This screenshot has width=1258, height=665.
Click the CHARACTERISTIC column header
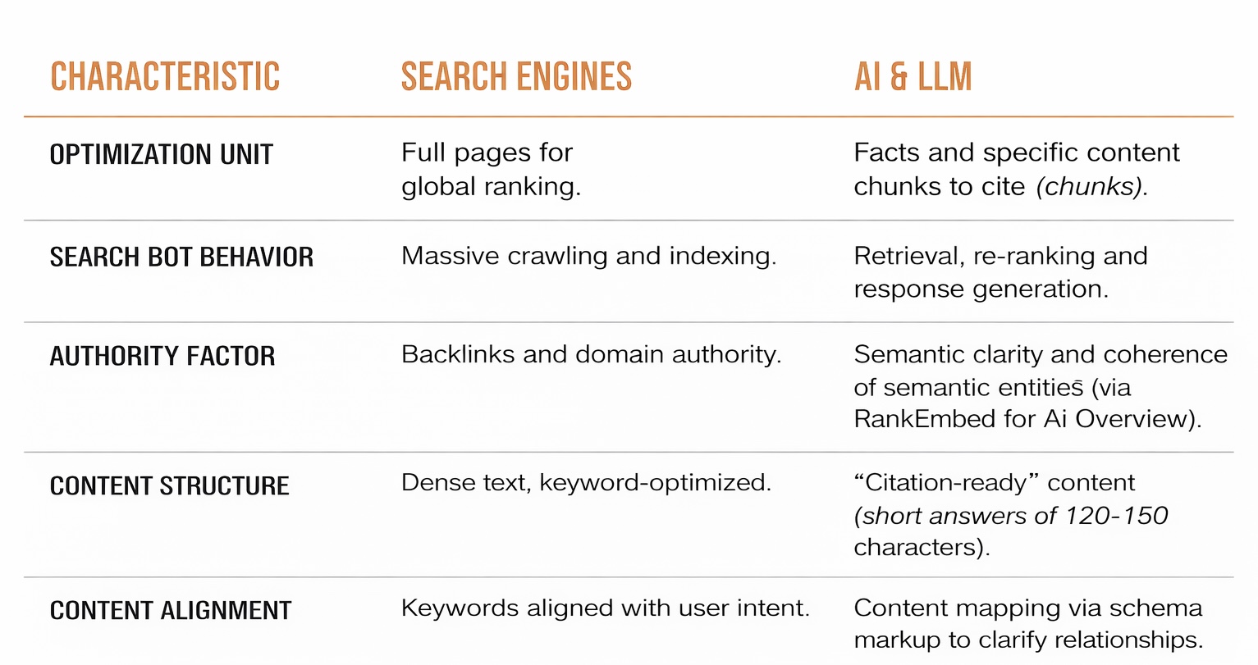click(165, 77)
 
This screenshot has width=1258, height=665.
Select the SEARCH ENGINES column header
click(516, 77)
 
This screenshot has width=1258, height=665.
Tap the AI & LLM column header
click(913, 77)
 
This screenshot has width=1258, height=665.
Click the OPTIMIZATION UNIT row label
click(162, 155)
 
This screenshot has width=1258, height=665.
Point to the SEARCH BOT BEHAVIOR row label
click(181, 257)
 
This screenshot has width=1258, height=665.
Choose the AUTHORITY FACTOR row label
click(162, 357)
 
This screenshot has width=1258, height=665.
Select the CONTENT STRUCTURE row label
click(170, 486)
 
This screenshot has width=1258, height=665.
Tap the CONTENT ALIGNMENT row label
click(171, 611)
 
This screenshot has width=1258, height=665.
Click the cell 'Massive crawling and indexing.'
click(588, 257)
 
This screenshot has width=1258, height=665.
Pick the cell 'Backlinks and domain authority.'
click(591, 355)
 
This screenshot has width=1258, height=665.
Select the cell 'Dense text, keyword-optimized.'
click(586, 483)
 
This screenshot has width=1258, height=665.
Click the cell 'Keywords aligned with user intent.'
click(605, 608)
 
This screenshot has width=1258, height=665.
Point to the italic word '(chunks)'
click(1091, 188)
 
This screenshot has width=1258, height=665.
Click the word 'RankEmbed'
click(923, 420)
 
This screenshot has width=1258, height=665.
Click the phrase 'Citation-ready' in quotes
click(947, 483)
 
